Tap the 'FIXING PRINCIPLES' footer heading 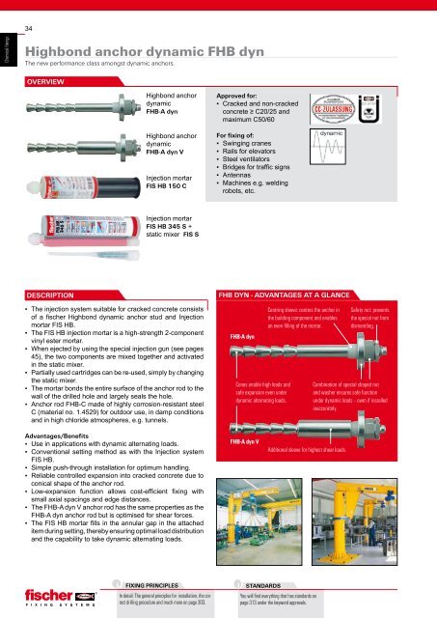click(x=156, y=585)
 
